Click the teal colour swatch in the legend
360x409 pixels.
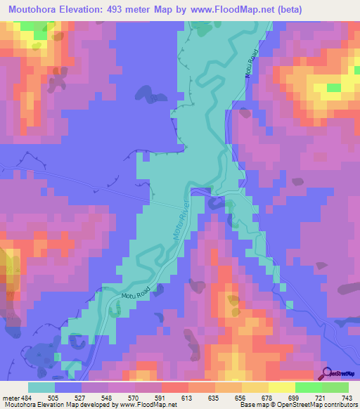pyautogui.click(x=41, y=387)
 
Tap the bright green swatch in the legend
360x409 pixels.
pyautogui.click(x=309, y=387)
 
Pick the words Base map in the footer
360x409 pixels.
pyautogui.click(x=274, y=405)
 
